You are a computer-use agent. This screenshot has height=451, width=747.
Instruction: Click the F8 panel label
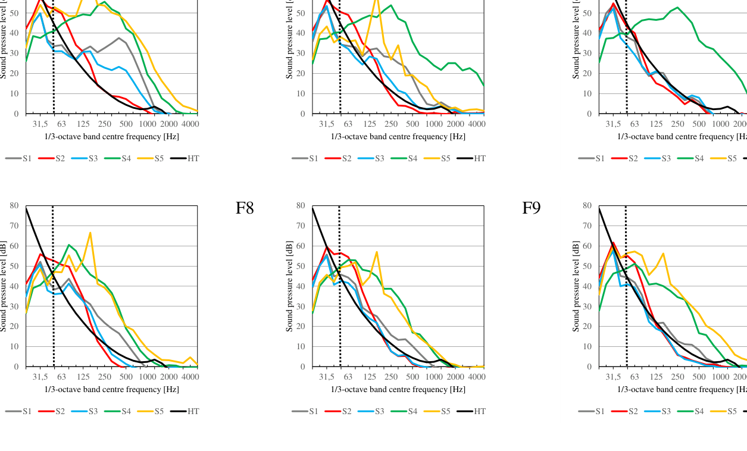tap(245, 208)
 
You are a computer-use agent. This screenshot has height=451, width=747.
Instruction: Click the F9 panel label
tap(532, 208)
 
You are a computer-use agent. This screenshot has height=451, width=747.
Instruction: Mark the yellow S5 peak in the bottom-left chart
tap(90, 233)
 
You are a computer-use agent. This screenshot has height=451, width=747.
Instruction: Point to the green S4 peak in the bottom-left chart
tap(69, 245)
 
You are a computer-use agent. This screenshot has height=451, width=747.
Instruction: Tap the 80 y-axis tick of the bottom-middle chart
tap(302, 206)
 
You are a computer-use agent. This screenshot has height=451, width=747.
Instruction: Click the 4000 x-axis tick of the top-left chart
tap(190, 124)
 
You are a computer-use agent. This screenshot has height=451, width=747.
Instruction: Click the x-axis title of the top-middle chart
tap(398, 137)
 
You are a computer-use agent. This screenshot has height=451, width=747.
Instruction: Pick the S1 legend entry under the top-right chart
tap(592, 158)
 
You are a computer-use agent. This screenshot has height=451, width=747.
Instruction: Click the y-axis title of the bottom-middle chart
tap(290, 286)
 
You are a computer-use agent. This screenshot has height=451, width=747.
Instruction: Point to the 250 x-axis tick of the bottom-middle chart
tap(391, 377)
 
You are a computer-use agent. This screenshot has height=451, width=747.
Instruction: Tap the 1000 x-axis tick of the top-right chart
tap(720, 124)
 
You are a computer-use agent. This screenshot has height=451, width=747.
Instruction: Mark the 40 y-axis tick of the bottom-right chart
tap(588, 286)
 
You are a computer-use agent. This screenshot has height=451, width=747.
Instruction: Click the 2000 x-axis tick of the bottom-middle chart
tap(455, 377)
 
